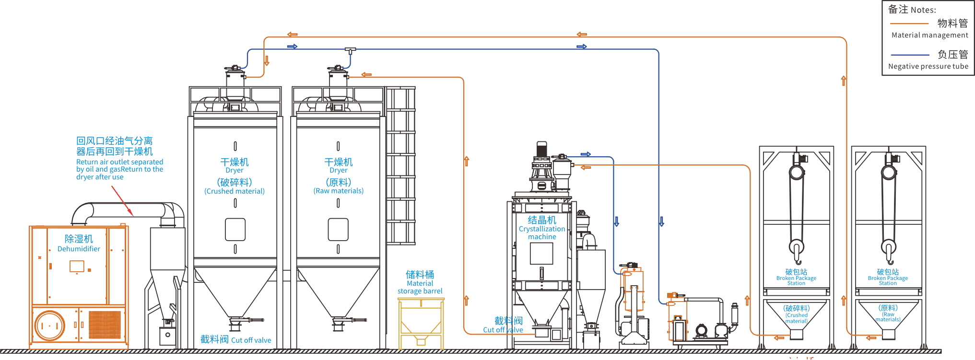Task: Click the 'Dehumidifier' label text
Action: (x=79, y=249)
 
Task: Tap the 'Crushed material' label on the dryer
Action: (x=235, y=191)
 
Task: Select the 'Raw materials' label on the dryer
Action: (x=339, y=191)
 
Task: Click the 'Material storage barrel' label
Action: (x=420, y=287)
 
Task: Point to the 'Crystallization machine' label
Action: (x=542, y=232)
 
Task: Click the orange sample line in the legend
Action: (x=909, y=23)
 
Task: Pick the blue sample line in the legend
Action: (x=909, y=55)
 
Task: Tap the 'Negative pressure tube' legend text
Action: (x=928, y=67)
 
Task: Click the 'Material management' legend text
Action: (x=929, y=35)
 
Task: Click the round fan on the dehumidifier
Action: (x=49, y=325)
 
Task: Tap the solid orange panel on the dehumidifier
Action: (x=105, y=325)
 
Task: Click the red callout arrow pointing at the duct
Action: (x=122, y=200)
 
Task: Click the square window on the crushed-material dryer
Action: (x=235, y=229)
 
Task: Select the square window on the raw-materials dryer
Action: (x=338, y=229)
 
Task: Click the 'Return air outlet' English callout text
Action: (x=119, y=169)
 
